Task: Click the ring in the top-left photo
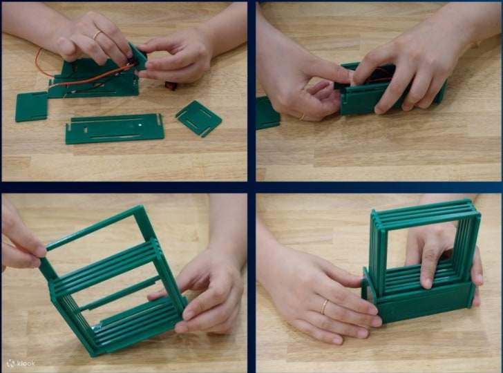pyautogui.click(x=97, y=35)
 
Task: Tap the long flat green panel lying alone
pyautogui.click(x=114, y=128)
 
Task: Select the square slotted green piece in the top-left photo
pyautogui.click(x=198, y=117)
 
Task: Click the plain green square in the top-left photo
pyautogui.click(x=32, y=106)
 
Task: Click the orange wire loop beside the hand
pyautogui.click(x=43, y=64)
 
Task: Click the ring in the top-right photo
pyautogui.click(x=302, y=117)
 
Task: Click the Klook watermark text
pyautogui.click(x=25, y=363)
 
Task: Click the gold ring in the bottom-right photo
pyautogui.click(x=324, y=307)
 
